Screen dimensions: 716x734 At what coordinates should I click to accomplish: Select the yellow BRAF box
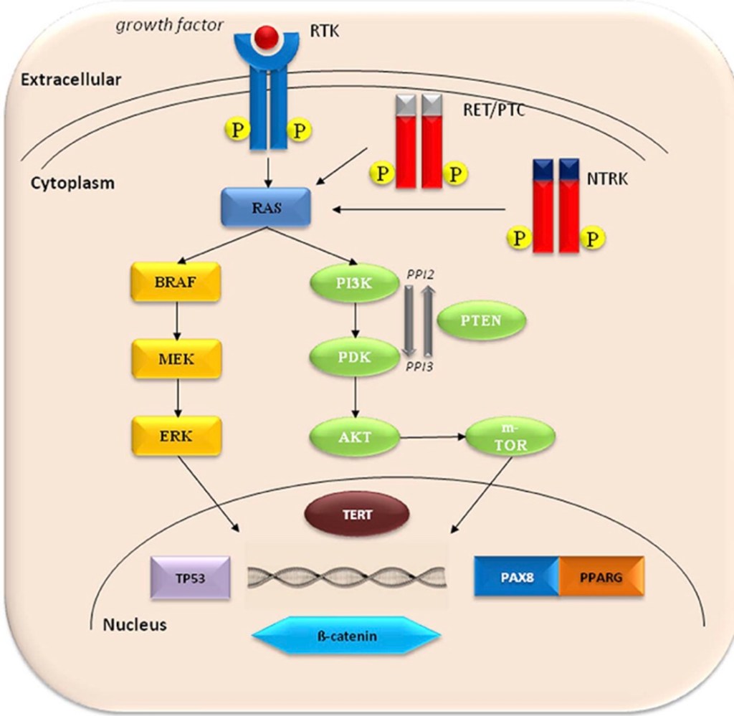[175, 282]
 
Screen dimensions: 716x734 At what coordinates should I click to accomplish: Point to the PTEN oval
[481, 320]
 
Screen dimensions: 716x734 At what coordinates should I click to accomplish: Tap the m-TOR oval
[510, 438]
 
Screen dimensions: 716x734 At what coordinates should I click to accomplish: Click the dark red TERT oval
[357, 514]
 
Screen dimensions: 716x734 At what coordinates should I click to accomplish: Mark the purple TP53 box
[191, 578]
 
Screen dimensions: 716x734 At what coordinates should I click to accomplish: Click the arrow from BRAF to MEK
[176, 320]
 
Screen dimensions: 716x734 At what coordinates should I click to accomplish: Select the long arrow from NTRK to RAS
[419, 209]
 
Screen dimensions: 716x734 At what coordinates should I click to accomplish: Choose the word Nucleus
[134, 624]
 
